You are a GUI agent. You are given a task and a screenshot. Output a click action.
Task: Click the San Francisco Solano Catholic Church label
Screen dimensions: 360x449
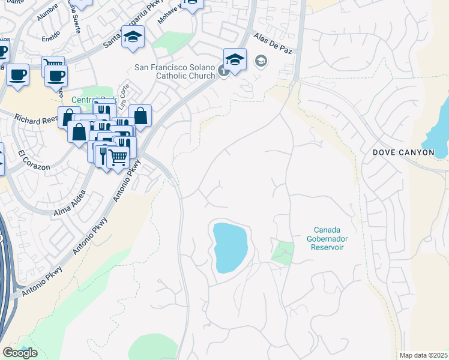pyautogui.click(x=175, y=71)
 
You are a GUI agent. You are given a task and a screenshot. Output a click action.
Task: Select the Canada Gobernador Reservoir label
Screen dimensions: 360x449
pyautogui.click(x=328, y=238)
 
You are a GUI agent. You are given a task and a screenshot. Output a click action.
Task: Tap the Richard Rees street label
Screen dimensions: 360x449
pyautogui.click(x=35, y=119)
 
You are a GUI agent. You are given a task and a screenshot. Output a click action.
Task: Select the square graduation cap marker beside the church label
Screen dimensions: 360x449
pyautogui.click(x=235, y=59)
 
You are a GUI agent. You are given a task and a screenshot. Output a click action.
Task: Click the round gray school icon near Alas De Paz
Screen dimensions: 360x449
pyautogui.click(x=261, y=61)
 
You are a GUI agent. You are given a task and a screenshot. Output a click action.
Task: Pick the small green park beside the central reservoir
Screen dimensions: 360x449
pyautogui.click(x=283, y=252)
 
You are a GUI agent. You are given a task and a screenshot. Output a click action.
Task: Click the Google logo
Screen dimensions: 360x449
pyautogui.click(x=20, y=353)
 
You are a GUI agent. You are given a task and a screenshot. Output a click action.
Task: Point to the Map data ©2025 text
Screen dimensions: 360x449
pyautogui.click(x=423, y=355)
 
